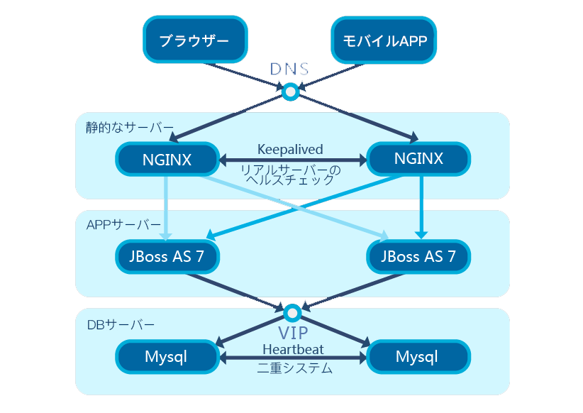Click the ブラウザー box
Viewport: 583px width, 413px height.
[x=194, y=40]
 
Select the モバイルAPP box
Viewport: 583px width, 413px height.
[x=384, y=40]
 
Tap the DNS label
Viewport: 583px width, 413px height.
[x=289, y=69]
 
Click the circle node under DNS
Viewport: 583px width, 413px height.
[x=290, y=91]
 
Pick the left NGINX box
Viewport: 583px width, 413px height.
[x=167, y=159]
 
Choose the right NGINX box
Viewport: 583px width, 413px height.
[x=418, y=159]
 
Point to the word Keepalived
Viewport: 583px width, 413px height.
[x=290, y=150]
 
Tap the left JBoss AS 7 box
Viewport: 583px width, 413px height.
[x=167, y=257]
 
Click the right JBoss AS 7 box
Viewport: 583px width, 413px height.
[x=418, y=257]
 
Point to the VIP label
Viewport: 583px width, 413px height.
[x=292, y=333]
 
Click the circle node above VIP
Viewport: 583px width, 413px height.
[x=292, y=312]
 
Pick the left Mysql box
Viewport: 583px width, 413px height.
[x=166, y=357]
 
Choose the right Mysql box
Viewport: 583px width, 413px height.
[x=417, y=357]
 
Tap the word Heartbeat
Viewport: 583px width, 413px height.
[x=292, y=349]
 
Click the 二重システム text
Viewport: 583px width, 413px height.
[x=294, y=370]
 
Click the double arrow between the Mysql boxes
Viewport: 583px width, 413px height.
[x=292, y=359]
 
